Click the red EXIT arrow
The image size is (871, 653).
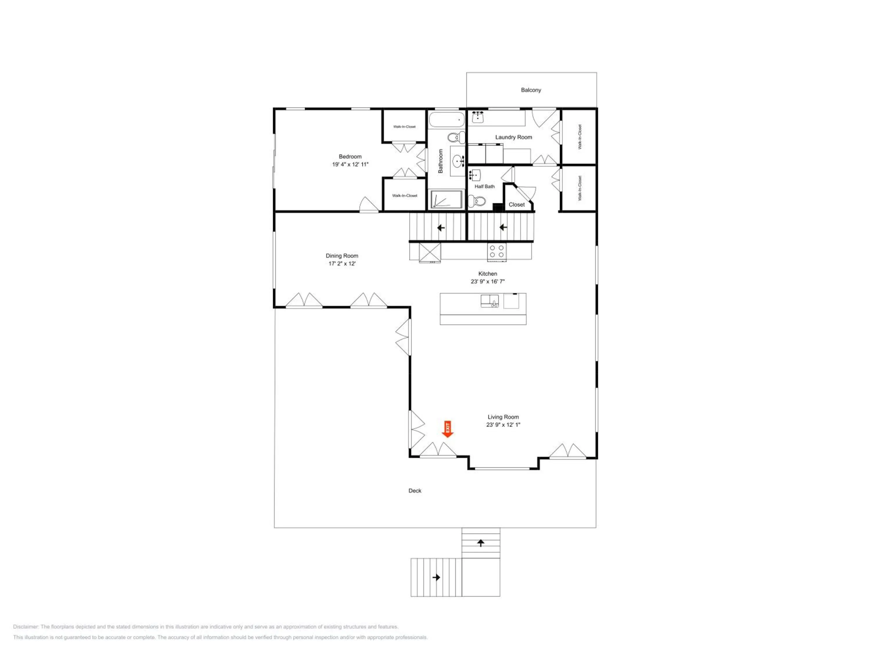[x=448, y=429]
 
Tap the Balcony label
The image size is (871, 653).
[x=531, y=90]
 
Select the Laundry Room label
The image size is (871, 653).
[x=514, y=137]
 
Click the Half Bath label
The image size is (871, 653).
[x=484, y=187]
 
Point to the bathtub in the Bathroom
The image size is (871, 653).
[x=447, y=119]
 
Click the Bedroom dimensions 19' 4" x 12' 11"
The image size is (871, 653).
[x=350, y=165]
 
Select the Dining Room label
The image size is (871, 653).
[x=342, y=256]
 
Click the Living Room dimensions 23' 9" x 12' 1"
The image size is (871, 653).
[x=503, y=425]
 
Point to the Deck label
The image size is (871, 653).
[x=415, y=491]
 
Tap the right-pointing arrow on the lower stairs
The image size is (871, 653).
[x=436, y=578]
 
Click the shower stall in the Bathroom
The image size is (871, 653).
[x=446, y=200]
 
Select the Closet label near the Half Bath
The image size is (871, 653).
[x=517, y=205]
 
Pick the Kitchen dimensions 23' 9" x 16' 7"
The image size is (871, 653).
[x=487, y=282]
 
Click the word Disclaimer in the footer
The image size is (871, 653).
[x=26, y=627]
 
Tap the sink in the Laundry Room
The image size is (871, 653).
[x=478, y=117]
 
